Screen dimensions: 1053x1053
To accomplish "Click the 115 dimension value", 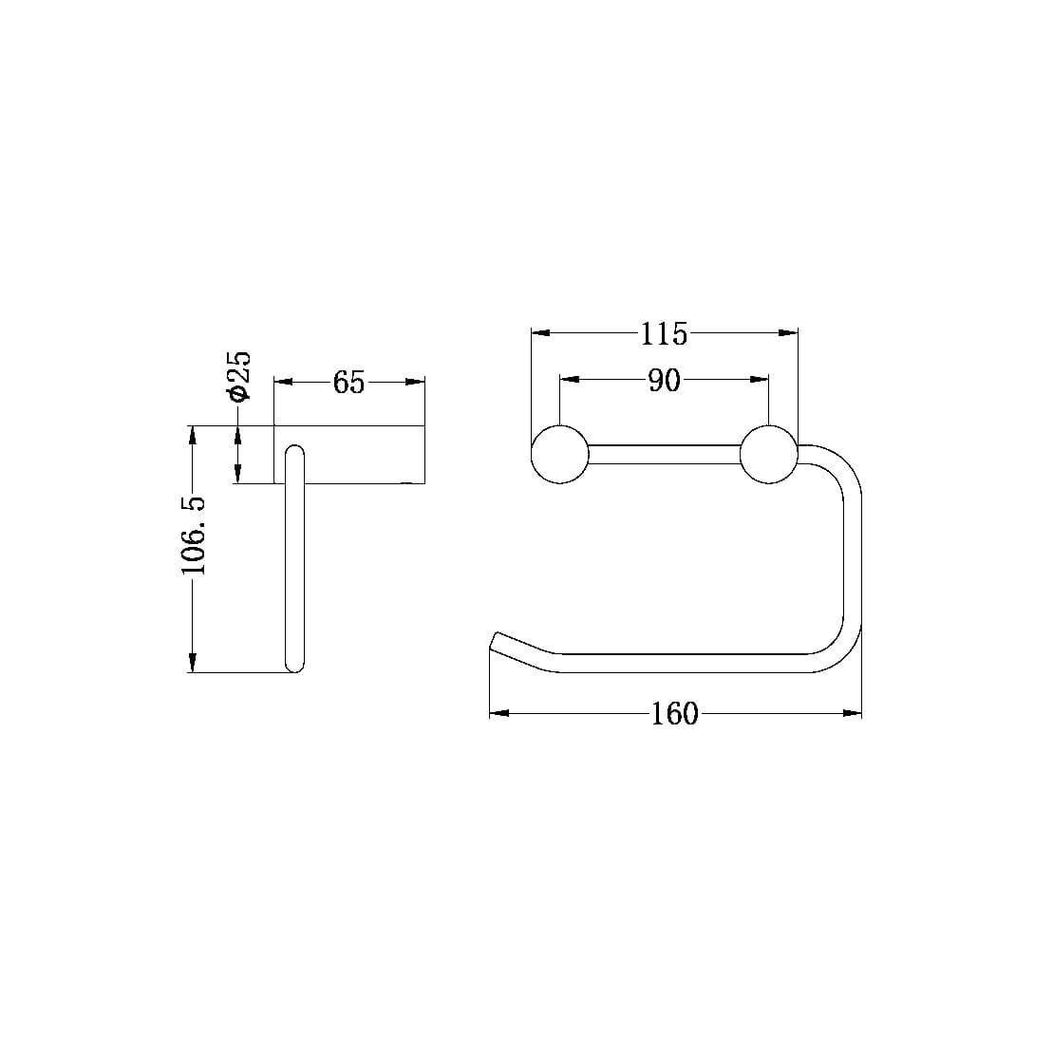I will tap(663, 333).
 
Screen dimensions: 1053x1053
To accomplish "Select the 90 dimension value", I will tap(664, 380).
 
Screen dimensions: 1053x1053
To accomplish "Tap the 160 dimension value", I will tap(674, 713).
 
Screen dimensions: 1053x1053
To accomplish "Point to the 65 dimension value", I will tap(348, 383).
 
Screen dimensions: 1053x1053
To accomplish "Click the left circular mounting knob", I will tap(560, 455).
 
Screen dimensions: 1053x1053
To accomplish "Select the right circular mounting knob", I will tap(768, 455).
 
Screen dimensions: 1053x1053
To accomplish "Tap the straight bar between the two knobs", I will tap(664, 454).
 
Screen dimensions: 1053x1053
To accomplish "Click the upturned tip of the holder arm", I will tap(496, 640).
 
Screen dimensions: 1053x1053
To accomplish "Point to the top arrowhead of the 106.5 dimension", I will tap(194, 435).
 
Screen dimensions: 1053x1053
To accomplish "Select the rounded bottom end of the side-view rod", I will tap(295, 666).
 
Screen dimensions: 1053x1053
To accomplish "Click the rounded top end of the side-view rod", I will tap(295, 451).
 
